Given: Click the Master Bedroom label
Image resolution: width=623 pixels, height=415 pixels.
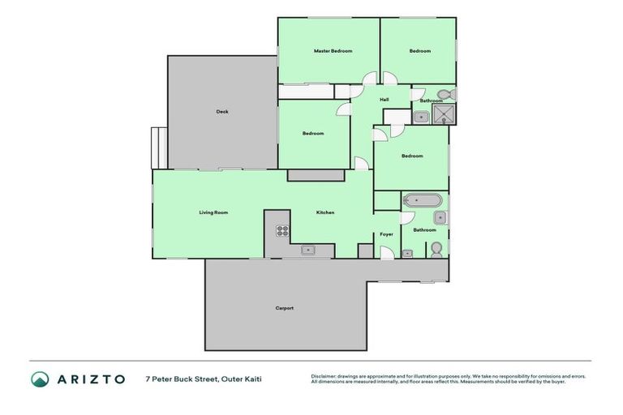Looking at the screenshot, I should point(333,51).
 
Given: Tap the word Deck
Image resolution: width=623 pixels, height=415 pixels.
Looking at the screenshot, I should point(221,112).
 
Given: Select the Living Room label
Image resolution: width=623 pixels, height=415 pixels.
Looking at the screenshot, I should point(213,212).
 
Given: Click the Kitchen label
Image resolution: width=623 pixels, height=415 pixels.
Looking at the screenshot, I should point(324,212).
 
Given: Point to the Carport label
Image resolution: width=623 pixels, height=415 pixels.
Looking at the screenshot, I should point(284,308).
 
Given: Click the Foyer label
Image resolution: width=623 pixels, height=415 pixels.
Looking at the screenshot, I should point(387,234).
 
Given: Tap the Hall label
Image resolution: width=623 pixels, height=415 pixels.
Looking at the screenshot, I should point(384,100).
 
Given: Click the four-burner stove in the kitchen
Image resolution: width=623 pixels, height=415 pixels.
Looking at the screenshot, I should point(281,230).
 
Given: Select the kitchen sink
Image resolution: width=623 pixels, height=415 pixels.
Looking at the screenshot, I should point(308,250).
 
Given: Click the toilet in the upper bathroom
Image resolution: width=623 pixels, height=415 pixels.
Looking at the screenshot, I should point(445,94).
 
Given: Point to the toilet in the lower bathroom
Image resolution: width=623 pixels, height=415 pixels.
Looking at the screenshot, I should point(436,248).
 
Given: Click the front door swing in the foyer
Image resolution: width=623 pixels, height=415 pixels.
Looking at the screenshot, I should point(388,253).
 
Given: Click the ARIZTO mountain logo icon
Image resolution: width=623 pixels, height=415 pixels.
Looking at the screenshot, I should point(40,379).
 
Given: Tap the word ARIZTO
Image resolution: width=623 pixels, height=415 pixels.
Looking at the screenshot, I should point(91,379).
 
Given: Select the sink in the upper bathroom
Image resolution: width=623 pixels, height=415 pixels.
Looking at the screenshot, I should point(420,117).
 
